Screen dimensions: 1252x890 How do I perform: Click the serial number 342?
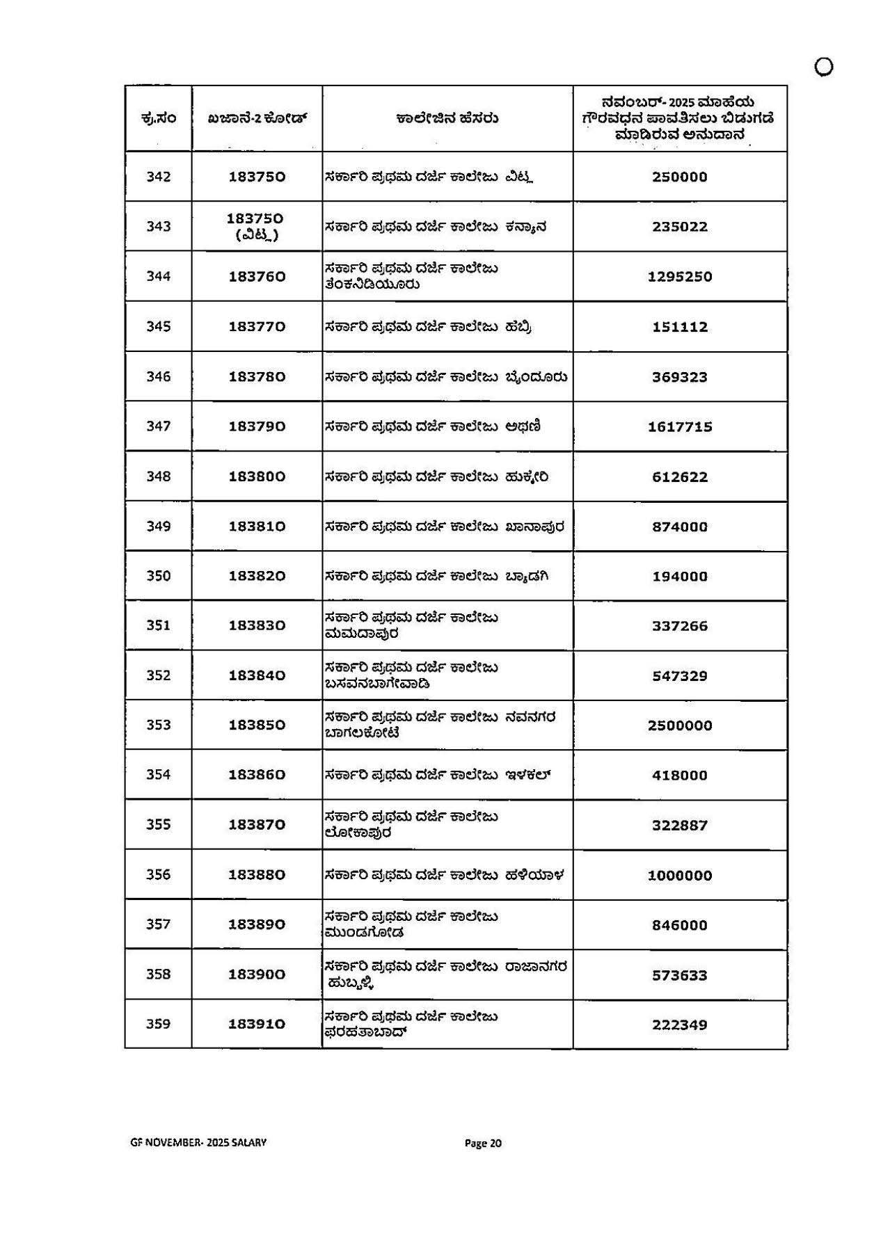tap(158, 177)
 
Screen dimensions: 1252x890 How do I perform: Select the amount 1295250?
tap(679, 277)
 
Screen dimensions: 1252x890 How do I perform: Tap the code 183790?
tap(257, 426)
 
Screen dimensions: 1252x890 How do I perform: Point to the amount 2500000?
tap(679, 725)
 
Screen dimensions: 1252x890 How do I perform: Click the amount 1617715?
tap(679, 427)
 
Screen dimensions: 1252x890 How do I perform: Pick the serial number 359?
tap(158, 1024)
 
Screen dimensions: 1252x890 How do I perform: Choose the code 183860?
tap(257, 775)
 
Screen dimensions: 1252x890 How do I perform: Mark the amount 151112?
tap(679, 327)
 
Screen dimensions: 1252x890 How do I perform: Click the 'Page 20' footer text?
tap(483, 1143)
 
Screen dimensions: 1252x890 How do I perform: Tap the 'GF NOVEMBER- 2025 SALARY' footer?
tap(198, 1142)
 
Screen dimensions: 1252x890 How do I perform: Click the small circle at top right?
tap(823, 67)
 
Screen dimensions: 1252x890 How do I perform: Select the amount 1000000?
tap(679, 876)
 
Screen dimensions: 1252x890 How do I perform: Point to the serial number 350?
tap(158, 576)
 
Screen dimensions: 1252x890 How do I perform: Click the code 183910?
tap(257, 1024)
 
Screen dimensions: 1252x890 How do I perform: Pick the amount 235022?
tap(679, 227)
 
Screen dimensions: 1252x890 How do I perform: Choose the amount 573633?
tap(679, 975)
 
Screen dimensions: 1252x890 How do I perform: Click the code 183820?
tap(257, 576)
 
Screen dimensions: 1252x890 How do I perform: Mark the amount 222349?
tap(679, 1025)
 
